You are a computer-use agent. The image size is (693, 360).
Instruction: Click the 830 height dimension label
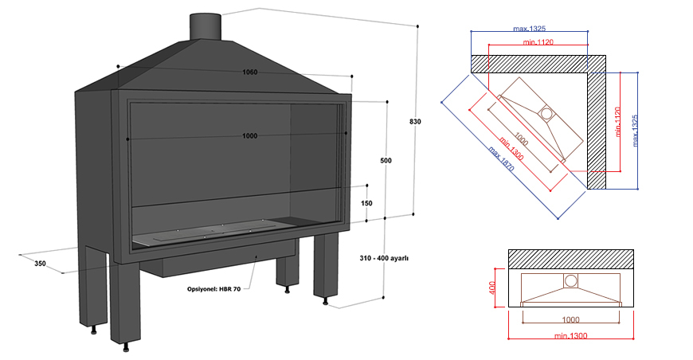click(414, 122)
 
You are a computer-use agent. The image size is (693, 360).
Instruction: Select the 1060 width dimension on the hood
click(250, 72)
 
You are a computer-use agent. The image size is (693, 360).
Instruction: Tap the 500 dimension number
click(386, 161)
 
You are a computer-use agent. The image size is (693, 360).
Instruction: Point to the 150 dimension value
click(366, 203)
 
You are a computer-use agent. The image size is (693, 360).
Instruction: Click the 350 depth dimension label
click(40, 263)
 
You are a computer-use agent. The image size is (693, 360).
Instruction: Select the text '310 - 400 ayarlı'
click(384, 258)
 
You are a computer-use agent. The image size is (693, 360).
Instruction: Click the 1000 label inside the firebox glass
click(249, 136)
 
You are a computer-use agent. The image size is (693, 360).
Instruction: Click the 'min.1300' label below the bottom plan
click(571, 336)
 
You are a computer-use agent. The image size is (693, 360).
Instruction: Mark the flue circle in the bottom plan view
click(570, 280)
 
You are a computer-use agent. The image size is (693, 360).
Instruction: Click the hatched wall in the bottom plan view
click(572, 258)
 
